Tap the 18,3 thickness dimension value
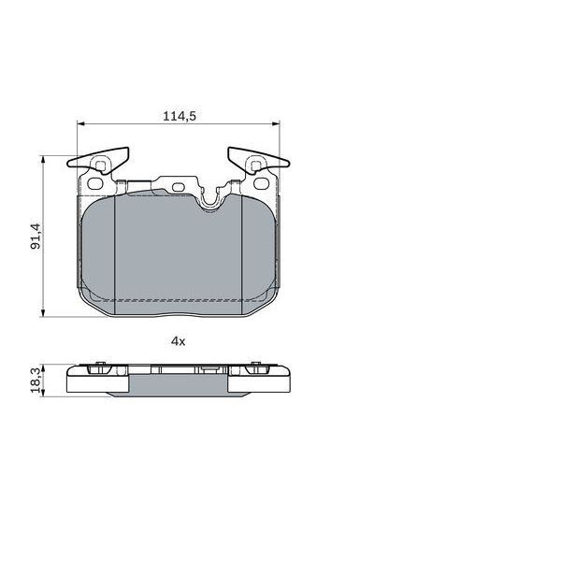point(35,380)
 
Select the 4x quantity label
point(178,341)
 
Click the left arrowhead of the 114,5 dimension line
point(79,124)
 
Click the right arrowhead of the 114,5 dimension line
point(275,124)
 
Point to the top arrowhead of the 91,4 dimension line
point(44,159)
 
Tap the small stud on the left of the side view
point(98,366)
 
